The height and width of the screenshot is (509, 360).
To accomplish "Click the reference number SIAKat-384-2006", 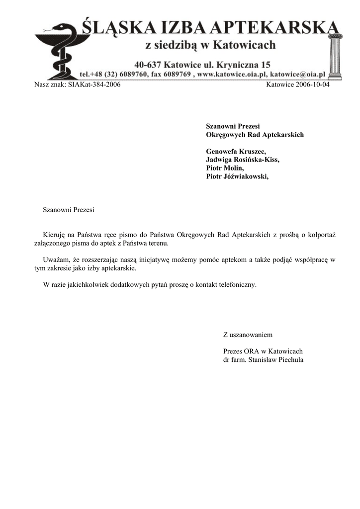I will [x=94, y=85].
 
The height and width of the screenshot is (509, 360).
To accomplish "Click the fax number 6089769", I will [x=176, y=74].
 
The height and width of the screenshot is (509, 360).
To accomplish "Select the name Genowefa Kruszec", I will [x=236, y=151].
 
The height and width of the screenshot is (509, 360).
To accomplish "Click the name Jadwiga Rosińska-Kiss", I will [x=243, y=160].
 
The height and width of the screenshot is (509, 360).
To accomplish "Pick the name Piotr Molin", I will [x=225, y=168].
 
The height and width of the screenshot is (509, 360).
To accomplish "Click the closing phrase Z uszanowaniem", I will [x=248, y=335].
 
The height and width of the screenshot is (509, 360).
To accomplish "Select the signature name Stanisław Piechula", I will [x=275, y=359].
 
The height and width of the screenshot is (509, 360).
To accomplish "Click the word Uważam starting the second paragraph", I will [x=56, y=259].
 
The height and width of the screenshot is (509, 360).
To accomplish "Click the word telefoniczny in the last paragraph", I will [x=234, y=284].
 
